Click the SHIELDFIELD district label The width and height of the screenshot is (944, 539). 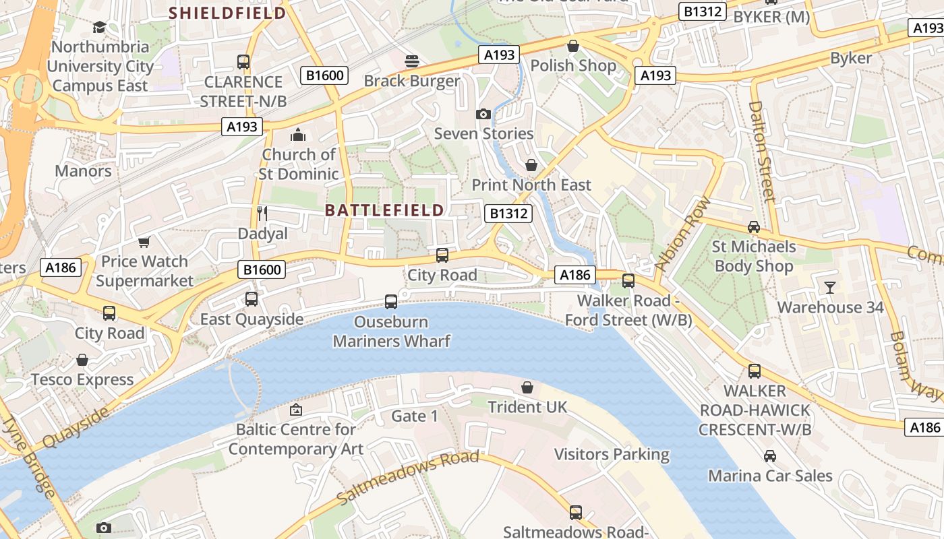[x=227, y=12]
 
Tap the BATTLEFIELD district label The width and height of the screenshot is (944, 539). [x=384, y=210]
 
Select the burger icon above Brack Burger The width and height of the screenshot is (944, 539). [x=412, y=61]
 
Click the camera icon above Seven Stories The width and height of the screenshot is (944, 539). [x=483, y=114]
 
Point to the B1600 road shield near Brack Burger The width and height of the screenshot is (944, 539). [x=326, y=75]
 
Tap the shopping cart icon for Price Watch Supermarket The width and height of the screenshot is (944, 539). [x=144, y=242]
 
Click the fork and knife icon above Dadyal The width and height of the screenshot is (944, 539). [x=262, y=214]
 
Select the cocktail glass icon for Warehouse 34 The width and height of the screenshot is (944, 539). [x=829, y=288]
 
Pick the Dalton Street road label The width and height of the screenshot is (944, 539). [x=763, y=151]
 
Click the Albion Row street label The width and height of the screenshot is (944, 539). [x=684, y=233]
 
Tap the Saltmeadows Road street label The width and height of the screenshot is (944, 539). [x=407, y=478]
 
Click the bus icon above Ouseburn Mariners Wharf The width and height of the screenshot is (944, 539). [x=391, y=302]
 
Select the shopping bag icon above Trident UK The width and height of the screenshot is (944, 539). [x=527, y=387]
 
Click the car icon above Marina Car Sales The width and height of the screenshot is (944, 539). [x=769, y=456]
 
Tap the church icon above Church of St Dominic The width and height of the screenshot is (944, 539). [x=298, y=135]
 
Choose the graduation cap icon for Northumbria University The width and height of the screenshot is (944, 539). [x=100, y=27]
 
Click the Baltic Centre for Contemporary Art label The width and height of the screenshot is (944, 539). [x=295, y=439]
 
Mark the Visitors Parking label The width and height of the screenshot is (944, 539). [x=612, y=454]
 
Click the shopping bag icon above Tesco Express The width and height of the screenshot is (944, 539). [x=82, y=360]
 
